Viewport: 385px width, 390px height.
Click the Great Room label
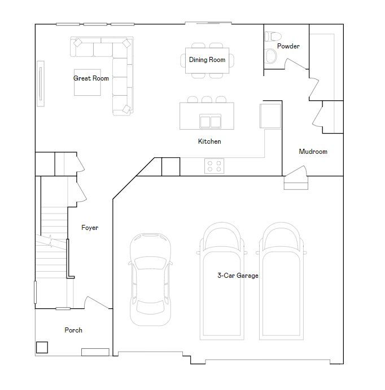pos(91,78)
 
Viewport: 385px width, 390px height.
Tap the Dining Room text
pos(207,60)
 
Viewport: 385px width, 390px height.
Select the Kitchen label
pos(209,141)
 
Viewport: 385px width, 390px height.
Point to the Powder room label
pos(288,46)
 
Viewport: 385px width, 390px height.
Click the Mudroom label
pos(313,152)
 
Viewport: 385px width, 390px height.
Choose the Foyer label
pos(90,228)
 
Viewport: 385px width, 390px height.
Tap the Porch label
pos(73,330)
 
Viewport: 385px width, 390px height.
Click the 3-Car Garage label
pos(238,276)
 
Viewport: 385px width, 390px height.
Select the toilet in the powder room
pos(273,37)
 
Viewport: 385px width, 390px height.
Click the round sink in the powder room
pos(271,56)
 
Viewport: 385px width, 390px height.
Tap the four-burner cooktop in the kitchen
pos(215,166)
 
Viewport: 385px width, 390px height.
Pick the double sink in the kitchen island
pos(211,121)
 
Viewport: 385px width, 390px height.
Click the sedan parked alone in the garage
pos(150,280)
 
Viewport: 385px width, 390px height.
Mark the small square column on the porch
pos(42,348)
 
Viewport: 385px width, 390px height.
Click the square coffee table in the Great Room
pos(88,82)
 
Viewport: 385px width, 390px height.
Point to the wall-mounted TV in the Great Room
pos(41,83)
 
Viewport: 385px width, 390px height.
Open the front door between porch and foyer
pos(97,303)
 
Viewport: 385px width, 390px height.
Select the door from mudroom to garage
pos(296,171)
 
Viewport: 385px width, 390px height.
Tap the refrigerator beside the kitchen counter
pos(270,116)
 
